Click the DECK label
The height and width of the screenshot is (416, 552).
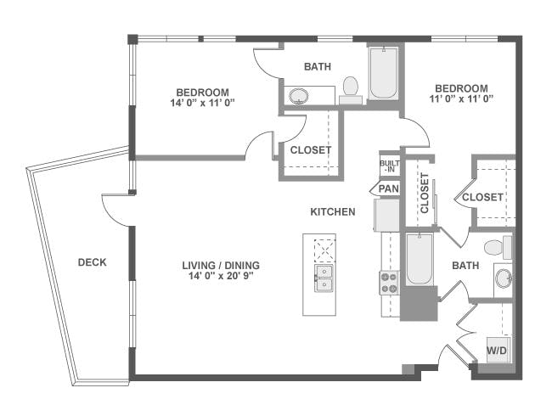[93, 262]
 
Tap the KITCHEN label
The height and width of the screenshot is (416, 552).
[333, 212]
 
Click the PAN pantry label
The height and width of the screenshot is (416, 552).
[389, 188]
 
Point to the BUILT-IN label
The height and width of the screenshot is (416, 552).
[390, 166]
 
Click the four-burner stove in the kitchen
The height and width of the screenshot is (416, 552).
[389, 283]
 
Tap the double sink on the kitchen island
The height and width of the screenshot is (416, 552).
[324, 278]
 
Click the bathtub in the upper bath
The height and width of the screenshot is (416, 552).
[384, 73]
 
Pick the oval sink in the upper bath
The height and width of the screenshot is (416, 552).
[299, 96]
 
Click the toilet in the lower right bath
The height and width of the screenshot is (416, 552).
[498, 247]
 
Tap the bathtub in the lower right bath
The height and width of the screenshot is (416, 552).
[419, 259]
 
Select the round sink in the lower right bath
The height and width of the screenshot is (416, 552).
[504, 278]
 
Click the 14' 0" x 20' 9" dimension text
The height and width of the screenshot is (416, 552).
[221, 276]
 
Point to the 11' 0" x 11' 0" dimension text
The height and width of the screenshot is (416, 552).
[461, 98]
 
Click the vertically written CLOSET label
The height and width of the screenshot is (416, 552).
[425, 194]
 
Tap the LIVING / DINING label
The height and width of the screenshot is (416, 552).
[221, 266]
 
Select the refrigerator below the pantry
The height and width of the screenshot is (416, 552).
[386, 215]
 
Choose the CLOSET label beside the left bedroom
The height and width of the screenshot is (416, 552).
[311, 150]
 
